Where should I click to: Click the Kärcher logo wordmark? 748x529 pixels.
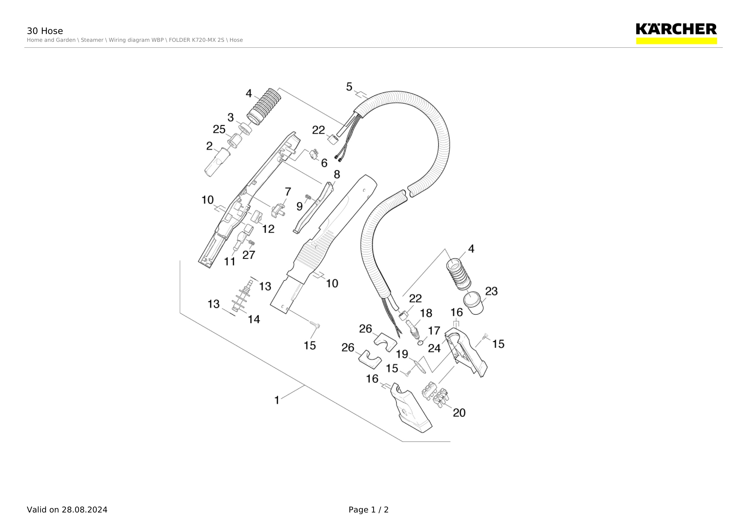(x=676, y=29)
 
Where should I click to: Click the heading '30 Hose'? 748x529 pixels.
(x=45, y=31)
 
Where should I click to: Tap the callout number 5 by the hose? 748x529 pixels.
(x=349, y=87)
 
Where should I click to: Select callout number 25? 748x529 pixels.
(x=219, y=129)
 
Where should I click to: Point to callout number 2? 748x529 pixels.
(x=209, y=146)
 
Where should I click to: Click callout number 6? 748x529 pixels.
(x=324, y=163)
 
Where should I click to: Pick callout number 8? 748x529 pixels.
(x=337, y=174)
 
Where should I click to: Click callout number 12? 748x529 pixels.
(x=268, y=229)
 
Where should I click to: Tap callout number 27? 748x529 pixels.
(x=249, y=255)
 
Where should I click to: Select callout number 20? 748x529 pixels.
(x=459, y=413)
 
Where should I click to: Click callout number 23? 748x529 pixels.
(x=491, y=291)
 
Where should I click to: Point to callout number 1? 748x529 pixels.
(x=277, y=400)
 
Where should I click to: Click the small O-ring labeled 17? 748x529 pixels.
(x=420, y=342)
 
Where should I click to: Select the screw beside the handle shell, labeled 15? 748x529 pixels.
(x=315, y=325)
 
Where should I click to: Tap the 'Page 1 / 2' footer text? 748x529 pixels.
(x=368, y=510)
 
